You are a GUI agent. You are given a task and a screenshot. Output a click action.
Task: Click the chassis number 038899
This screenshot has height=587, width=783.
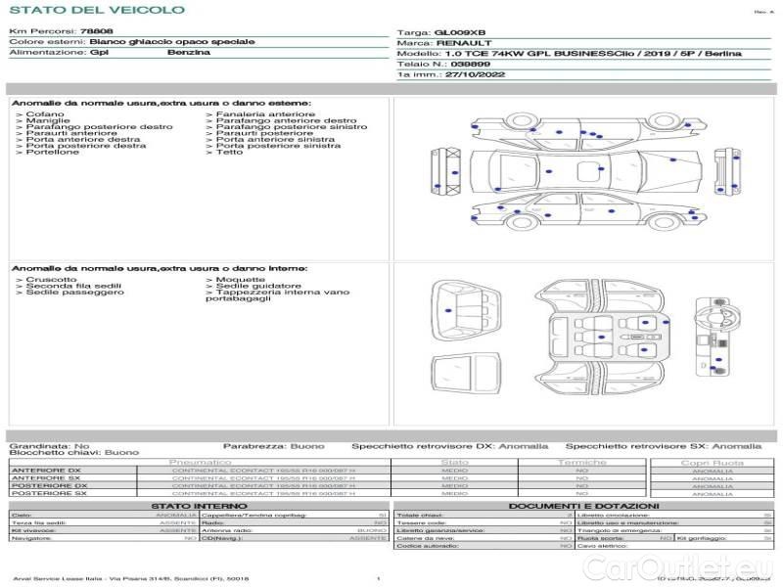(x=456, y=64)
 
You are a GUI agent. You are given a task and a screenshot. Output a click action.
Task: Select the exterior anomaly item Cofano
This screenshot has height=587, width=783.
(x=44, y=114)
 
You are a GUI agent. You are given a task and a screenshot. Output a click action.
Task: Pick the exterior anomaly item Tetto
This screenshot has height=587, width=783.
(x=229, y=153)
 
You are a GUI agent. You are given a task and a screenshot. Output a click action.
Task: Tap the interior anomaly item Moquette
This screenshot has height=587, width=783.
(x=226, y=280)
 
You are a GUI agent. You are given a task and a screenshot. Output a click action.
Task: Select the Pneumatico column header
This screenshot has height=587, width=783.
(x=201, y=462)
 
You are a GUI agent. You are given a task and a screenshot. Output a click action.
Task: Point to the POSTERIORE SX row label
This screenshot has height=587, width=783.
(x=48, y=494)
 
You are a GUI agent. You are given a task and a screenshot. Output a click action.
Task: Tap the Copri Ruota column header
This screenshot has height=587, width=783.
(x=712, y=462)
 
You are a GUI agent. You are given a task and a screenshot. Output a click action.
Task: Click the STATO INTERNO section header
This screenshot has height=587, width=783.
(x=200, y=506)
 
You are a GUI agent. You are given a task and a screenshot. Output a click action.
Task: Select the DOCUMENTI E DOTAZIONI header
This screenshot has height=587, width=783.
(x=584, y=506)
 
